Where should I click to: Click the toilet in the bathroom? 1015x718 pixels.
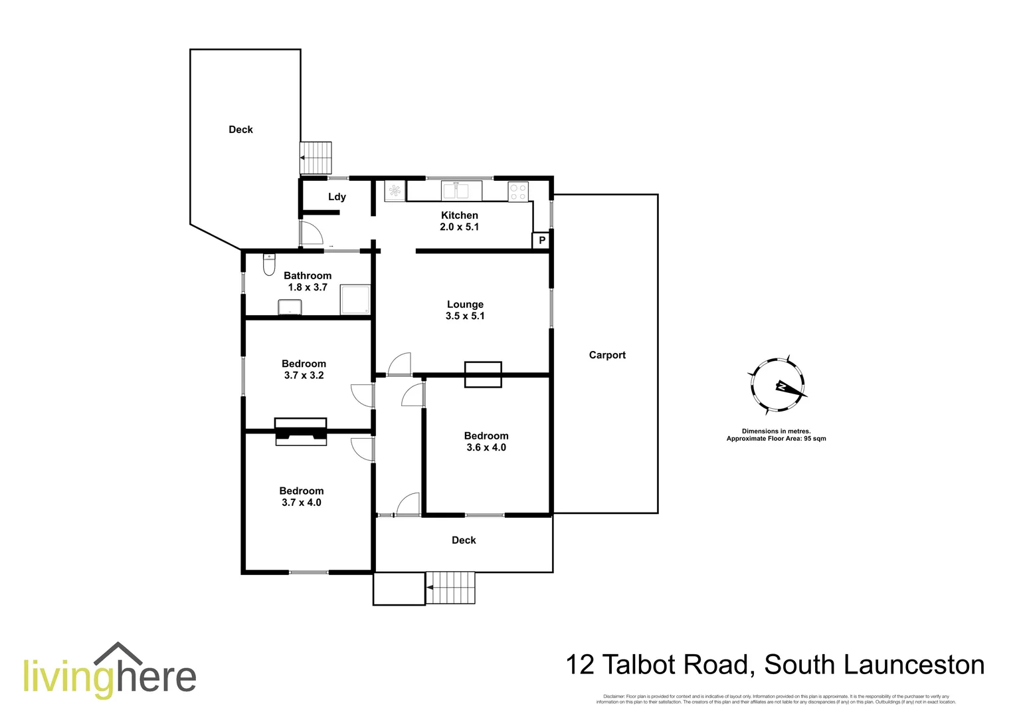[269, 265]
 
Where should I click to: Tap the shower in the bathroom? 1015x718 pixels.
[355, 300]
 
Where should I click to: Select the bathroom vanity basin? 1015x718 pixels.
[290, 307]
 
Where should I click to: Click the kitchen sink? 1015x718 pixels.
[462, 191]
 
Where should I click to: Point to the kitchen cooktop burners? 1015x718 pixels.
[518, 192]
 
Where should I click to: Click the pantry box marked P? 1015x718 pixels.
[541, 240]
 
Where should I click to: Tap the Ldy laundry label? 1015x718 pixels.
[337, 197]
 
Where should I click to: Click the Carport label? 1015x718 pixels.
[607, 355]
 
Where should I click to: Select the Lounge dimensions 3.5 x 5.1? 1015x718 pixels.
[465, 316]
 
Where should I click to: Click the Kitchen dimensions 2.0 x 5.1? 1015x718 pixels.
[459, 227]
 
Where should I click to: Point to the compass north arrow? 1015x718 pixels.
[784, 386]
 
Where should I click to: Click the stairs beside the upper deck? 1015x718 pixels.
[316, 158]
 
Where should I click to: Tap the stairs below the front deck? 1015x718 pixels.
[450, 588]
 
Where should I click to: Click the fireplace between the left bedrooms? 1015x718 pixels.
[301, 431]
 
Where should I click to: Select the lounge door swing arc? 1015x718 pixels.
[400, 364]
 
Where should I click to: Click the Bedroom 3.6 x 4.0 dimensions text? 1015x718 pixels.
[486, 447]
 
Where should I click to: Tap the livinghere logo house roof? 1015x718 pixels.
[118, 652]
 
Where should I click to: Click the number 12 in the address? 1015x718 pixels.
[580, 665]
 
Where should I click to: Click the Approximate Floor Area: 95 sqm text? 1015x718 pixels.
[776, 439]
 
